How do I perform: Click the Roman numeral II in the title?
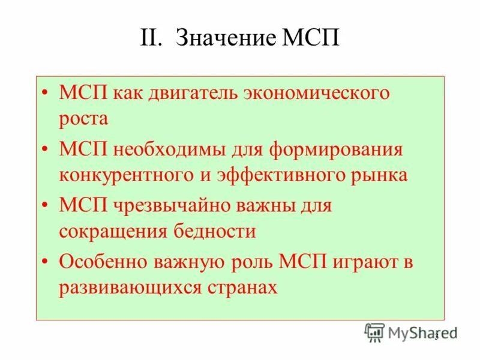click(x=152, y=40)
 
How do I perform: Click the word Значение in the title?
click(x=225, y=40)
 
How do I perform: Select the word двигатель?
click(x=191, y=94)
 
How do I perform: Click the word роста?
click(x=83, y=119)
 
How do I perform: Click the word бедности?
click(x=215, y=232)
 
